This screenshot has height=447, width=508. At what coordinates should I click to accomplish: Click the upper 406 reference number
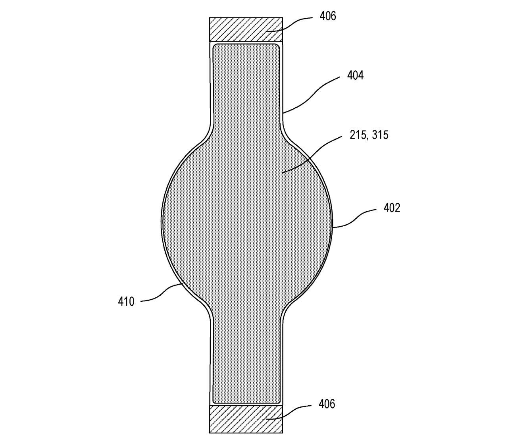point(327,16)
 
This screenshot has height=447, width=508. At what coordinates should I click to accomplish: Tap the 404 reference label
point(355,75)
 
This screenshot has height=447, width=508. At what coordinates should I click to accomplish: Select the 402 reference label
point(392,208)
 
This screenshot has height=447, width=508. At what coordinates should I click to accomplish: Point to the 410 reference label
point(126,302)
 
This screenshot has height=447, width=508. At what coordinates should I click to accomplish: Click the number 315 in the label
point(380,135)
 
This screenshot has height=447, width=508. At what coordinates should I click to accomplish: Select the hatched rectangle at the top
point(246,29)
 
